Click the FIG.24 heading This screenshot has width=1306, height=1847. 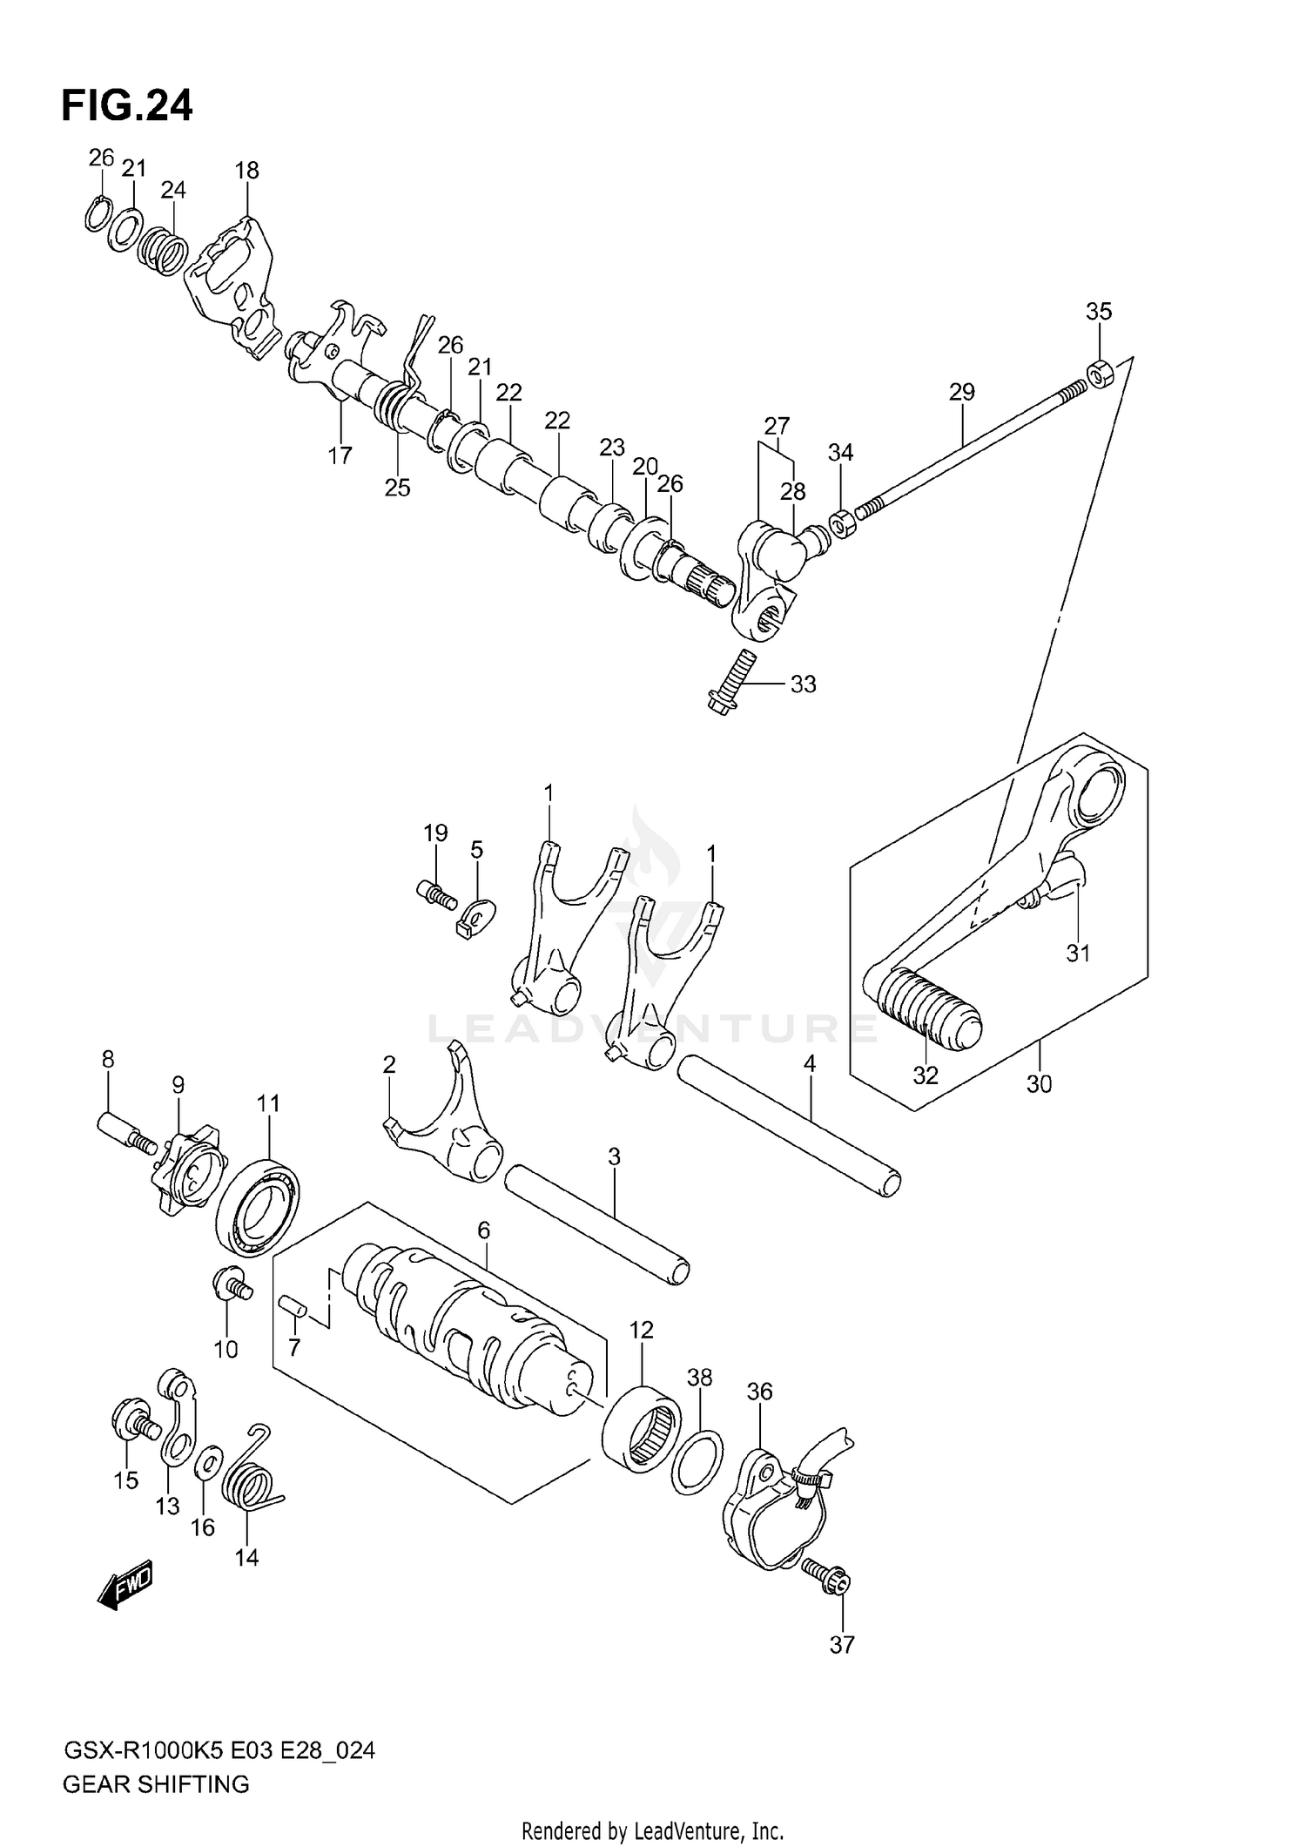click(127, 105)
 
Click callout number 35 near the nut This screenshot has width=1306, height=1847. click(1099, 311)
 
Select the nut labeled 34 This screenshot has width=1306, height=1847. click(840, 524)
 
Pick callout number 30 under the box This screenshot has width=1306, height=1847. click(1040, 1084)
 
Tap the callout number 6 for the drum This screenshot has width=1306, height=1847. click(483, 1230)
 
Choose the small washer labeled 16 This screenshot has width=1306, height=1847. click(207, 1465)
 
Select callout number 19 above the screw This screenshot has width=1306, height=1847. click(435, 832)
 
